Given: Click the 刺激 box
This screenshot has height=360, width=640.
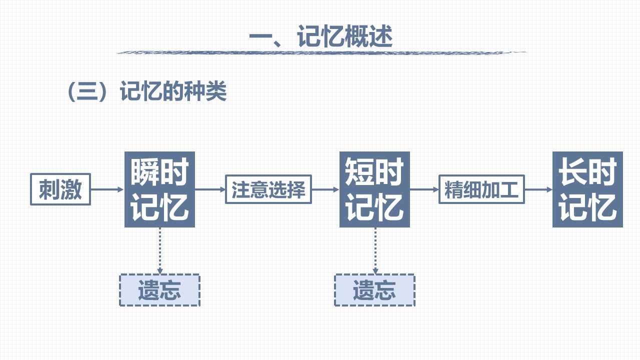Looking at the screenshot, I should tap(60, 189).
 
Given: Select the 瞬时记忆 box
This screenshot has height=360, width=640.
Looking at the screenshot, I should tap(159, 189).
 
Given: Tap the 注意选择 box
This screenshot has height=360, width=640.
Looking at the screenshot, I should tap(268, 189).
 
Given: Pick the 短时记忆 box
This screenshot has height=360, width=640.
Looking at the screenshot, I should tap(374, 189).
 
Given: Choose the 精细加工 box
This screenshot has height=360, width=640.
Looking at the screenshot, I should tap(482, 189).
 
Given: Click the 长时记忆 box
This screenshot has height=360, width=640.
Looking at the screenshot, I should tap(587, 189).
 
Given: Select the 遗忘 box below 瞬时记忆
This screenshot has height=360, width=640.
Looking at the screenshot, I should tap(159, 290).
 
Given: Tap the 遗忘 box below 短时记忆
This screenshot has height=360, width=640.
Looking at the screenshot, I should tap(374, 290).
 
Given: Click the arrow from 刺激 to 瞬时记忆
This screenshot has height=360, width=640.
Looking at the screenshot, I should tap(107, 189).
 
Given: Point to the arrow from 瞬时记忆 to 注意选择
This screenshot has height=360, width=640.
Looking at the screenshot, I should tap(210, 189).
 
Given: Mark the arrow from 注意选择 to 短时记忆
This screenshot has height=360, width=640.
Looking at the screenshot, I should tap(325, 189).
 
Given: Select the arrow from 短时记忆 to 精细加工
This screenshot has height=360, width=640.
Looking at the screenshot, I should tap(424, 189).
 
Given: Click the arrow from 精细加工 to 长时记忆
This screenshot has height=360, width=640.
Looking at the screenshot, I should tap(538, 189).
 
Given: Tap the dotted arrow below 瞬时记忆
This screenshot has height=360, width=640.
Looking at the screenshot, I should tap(159, 250).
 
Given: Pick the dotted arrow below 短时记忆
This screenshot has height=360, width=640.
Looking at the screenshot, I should tap(375, 250).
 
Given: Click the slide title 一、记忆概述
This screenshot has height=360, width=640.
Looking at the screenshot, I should tap(320, 37).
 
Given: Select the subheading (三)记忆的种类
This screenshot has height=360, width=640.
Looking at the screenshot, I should tap(147, 92).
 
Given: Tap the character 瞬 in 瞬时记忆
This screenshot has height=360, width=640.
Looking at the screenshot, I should tap(145, 172).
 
